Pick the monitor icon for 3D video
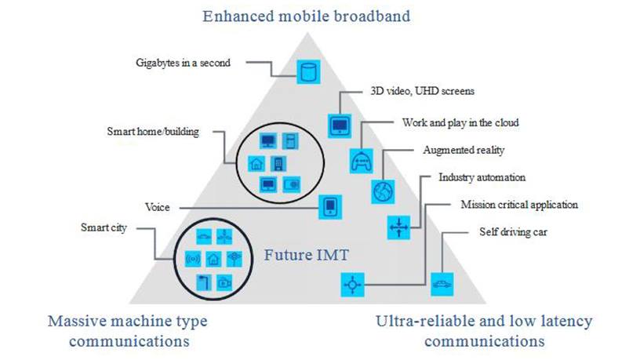[x=339, y=124]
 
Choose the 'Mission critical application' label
[x=519, y=205]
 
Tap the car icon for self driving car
[x=442, y=283]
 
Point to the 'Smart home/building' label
[x=153, y=132]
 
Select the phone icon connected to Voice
[x=331, y=207]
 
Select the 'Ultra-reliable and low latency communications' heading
[x=484, y=331]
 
